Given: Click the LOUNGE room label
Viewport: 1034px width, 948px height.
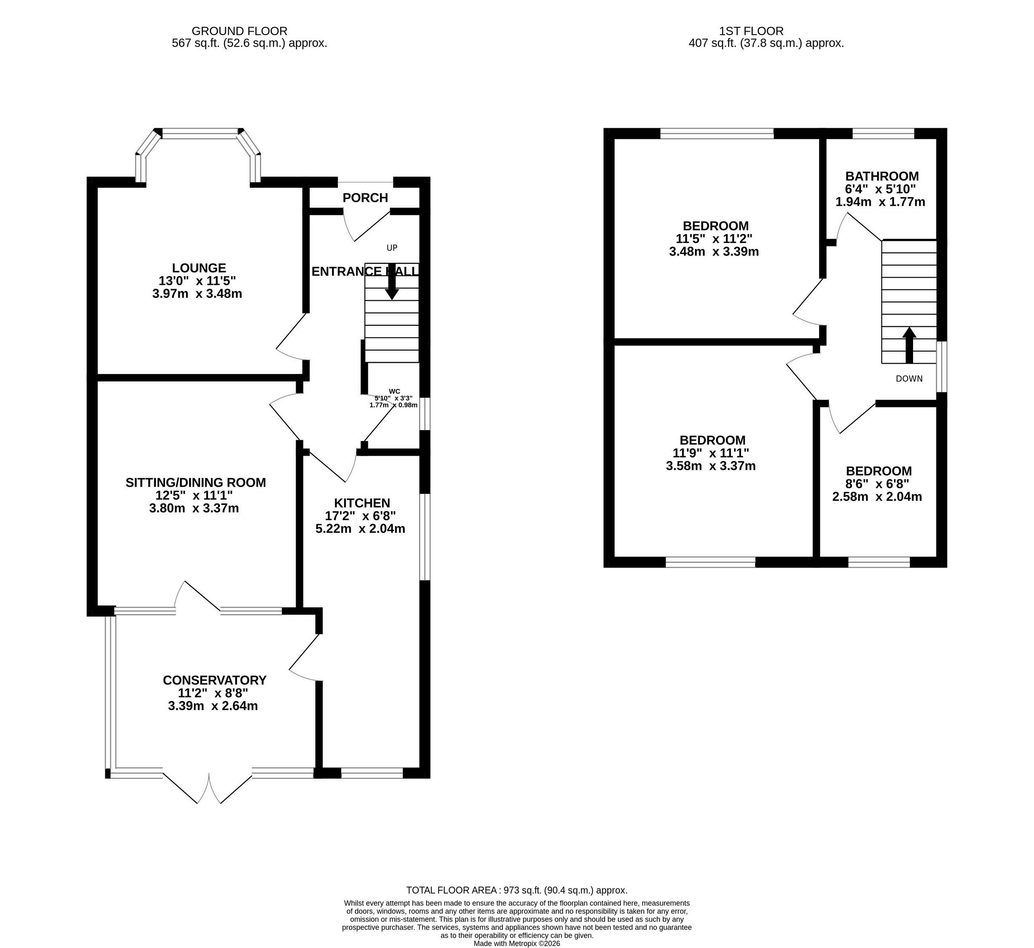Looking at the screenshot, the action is click(199, 268).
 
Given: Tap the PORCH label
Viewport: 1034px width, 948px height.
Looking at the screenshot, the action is click(365, 198).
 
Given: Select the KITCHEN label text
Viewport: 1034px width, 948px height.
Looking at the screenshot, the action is click(362, 503).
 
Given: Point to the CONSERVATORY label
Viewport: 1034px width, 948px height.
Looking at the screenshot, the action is click(214, 680).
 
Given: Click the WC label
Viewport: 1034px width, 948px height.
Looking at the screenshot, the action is click(394, 391).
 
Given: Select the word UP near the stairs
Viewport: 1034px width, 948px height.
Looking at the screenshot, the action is click(392, 248).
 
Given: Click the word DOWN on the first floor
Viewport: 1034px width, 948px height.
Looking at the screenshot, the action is click(909, 379).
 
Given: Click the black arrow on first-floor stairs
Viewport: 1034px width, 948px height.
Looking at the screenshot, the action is click(909, 345).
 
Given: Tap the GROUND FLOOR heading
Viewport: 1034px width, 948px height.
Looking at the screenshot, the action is click(240, 31).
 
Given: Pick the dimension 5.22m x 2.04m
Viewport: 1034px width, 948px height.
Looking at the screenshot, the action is click(361, 529).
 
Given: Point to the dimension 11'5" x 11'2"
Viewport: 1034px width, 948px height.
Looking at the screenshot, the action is click(713, 238).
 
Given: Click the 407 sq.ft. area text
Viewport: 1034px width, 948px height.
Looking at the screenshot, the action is click(766, 43).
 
